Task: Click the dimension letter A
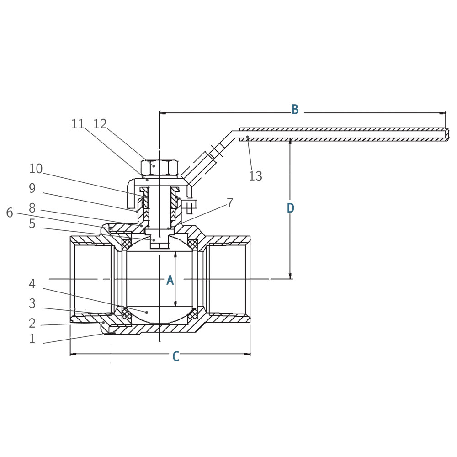tap(170, 280)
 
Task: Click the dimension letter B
tap(295, 110)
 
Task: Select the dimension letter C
tap(175, 356)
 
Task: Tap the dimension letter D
tap(291, 208)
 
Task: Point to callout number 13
tap(255, 176)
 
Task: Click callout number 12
tap(100, 124)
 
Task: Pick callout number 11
tap(78, 124)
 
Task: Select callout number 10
tap(36, 169)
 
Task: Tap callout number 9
tap(32, 189)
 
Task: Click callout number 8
tap(32, 208)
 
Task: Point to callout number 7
tap(230, 203)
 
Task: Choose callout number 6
tap(10, 213)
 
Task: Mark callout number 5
tap(32, 224)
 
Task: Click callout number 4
tap(32, 284)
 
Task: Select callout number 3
tap(32, 303)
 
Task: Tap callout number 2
tap(32, 324)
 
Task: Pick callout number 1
tap(32, 339)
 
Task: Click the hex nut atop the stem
tap(159, 168)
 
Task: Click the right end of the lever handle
tap(446, 134)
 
